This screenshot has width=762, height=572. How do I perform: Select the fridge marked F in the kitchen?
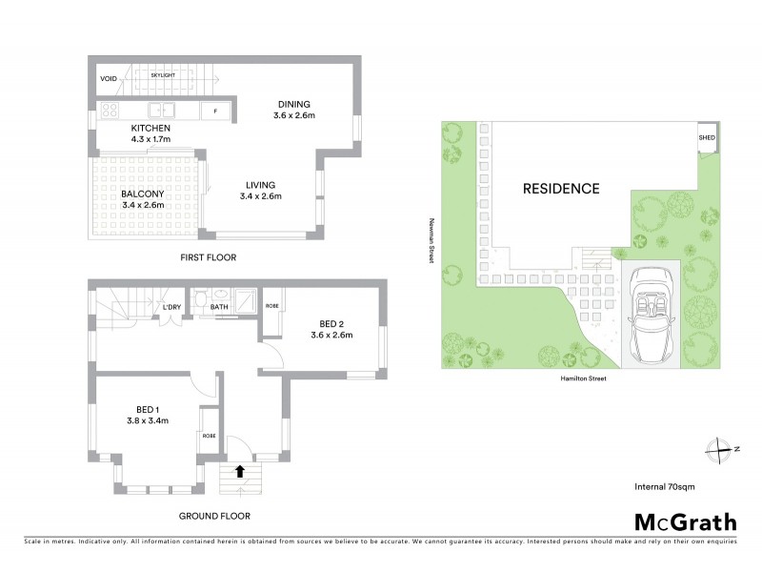pyautogui.click(x=216, y=112)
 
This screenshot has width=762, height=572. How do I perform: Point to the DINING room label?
pyautogui.click(x=294, y=104)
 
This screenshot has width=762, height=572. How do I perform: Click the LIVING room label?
pyautogui.click(x=260, y=184)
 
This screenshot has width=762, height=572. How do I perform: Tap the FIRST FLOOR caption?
pyautogui.click(x=207, y=257)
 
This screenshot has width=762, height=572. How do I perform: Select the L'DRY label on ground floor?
pyautogui.click(x=171, y=306)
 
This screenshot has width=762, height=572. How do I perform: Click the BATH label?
pyautogui.click(x=219, y=306)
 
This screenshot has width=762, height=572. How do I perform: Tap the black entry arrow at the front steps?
pyautogui.click(x=239, y=470)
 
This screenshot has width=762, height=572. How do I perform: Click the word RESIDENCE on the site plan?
pyautogui.click(x=561, y=188)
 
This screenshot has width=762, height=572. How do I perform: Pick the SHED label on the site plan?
pyautogui.click(x=706, y=137)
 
